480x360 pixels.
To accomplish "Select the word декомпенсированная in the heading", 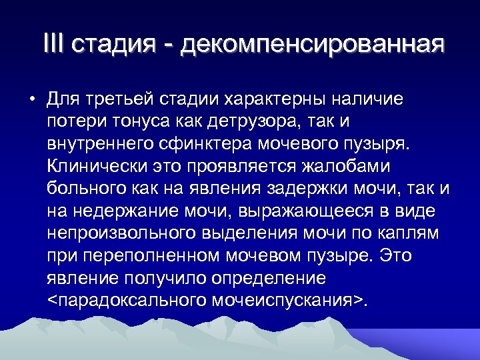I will coord(312,45).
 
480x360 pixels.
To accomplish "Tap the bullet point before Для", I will coord(31,101).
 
